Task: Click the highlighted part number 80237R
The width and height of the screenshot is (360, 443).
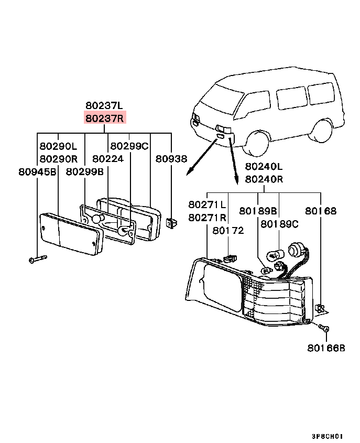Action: (105, 118)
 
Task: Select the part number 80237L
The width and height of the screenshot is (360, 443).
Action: (104, 105)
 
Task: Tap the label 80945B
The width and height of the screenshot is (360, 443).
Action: (37, 172)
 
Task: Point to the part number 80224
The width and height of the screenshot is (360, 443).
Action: (108, 159)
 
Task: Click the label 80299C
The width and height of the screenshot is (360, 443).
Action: (129, 146)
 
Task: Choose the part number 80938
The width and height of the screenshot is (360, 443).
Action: (171, 159)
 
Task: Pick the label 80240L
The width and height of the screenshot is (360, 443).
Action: (264, 166)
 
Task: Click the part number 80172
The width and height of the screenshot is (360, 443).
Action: (228, 231)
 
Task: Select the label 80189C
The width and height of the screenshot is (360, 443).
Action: (279, 224)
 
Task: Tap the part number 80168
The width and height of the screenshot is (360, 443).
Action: (321, 211)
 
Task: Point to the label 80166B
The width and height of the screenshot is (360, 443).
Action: (326, 348)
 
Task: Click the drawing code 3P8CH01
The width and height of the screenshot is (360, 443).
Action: (327, 436)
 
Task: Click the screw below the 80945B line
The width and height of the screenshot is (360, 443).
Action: (38, 259)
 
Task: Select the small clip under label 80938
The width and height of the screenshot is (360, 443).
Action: (171, 223)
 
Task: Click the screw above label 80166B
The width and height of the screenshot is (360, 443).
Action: (324, 328)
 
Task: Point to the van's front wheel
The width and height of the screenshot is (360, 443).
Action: (256, 144)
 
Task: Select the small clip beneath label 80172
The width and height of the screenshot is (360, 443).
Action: (230, 258)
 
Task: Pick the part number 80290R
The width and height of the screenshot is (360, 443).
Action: (59, 159)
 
